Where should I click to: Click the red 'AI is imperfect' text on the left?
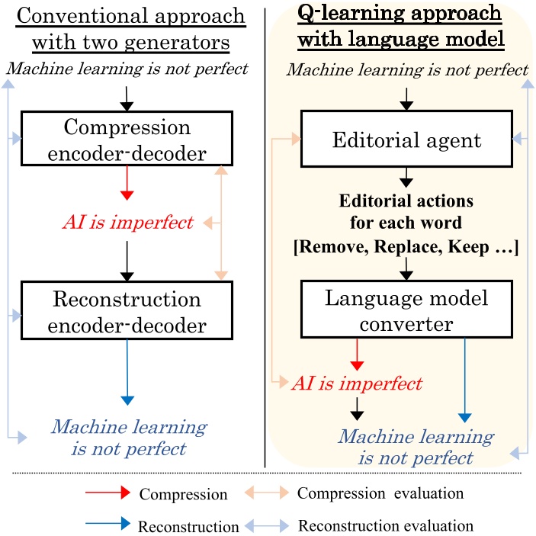(127, 223)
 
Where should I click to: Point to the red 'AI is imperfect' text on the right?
(357, 383)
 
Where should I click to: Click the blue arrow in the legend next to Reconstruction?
(108, 526)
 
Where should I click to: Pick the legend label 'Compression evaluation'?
(380, 493)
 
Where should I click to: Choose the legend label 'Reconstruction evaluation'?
(385, 526)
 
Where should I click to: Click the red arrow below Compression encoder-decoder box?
(127, 183)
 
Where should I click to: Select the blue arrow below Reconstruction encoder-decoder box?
(127, 374)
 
